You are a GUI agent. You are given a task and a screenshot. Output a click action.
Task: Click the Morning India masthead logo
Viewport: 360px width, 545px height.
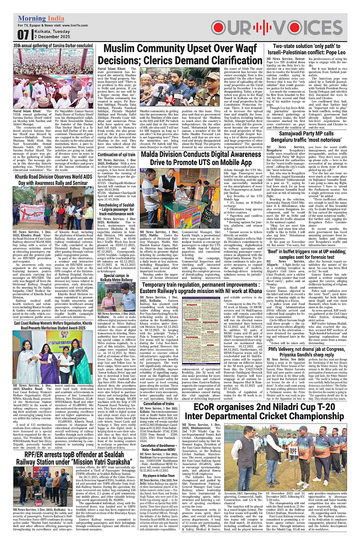tap(41, 19)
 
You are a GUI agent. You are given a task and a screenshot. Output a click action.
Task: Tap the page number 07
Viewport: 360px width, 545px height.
tap(23, 35)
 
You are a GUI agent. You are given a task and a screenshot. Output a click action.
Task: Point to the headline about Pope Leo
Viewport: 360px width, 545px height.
tap(306, 49)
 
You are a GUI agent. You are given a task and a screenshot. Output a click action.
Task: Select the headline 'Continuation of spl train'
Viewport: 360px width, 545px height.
tap(116, 154)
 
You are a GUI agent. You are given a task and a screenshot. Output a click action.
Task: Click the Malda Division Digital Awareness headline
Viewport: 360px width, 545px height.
tap(201, 158)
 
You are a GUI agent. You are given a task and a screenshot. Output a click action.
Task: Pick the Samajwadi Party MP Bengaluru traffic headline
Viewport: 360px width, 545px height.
tap(306, 137)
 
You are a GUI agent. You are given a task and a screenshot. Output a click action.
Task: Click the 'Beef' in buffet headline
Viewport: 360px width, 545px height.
tap(306, 254)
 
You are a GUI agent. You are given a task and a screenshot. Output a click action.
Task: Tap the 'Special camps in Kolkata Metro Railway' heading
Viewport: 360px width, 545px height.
tap(116, 277)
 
